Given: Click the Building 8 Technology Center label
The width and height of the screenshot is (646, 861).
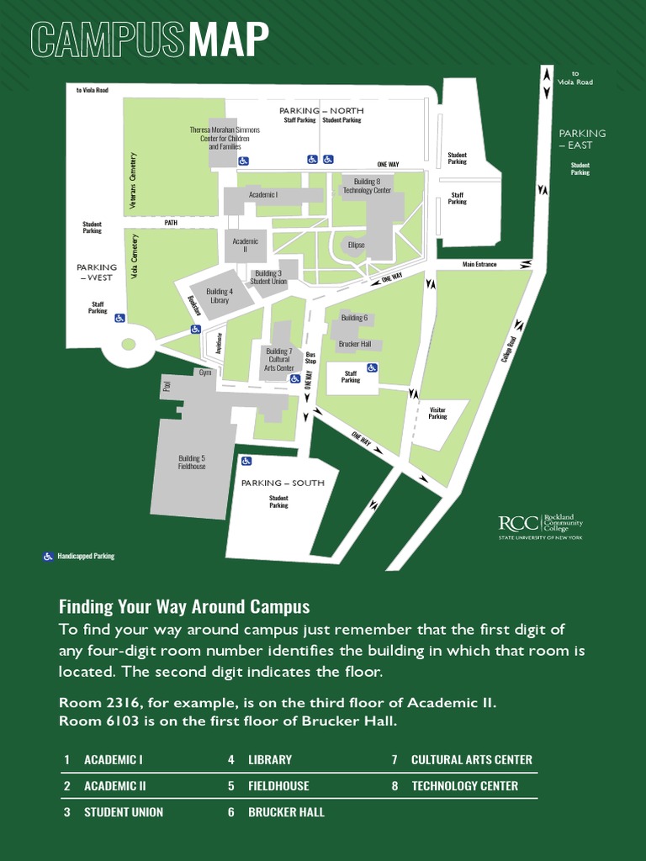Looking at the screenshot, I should pos(367,186).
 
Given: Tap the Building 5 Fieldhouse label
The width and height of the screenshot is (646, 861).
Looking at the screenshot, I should pos(192,462).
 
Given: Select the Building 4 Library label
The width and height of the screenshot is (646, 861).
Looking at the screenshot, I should pos(219,296).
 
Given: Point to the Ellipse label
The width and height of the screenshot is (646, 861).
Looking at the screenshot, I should pos(356,245).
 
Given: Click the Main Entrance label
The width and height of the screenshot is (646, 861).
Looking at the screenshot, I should pos(479,265).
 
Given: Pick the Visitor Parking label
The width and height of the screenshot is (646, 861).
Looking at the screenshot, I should pos(437,413).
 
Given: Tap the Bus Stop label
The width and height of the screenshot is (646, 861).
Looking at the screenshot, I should pos(310,357).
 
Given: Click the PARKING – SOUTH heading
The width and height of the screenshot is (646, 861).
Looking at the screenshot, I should pos(283,483).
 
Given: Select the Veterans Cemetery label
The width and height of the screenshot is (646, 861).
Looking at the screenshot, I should pos(132,181).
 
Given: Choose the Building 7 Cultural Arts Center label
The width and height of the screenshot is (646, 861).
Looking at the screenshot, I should pos(279,359).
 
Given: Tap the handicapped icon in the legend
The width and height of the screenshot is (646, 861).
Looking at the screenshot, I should pos(48,556).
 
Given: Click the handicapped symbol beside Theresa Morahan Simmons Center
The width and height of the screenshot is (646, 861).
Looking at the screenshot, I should pos(244,160).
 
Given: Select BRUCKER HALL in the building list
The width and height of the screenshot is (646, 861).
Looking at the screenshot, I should pos(286,812).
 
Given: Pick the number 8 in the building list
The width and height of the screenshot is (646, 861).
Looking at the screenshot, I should pos(394,786).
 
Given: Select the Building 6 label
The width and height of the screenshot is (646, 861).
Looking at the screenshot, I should pos(354,318).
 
